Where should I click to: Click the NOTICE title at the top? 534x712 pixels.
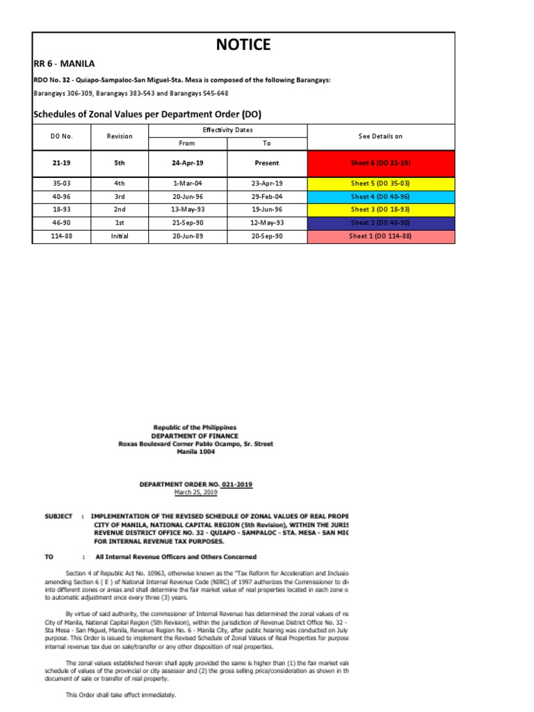(243, 45)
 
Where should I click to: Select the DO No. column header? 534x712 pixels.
(61, 137)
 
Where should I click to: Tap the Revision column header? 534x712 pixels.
(119, 137)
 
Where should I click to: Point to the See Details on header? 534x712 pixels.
(380, 137)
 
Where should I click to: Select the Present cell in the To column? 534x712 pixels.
(267, 163)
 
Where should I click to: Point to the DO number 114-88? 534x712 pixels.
(61, 236)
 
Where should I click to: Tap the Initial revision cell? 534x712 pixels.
(119, 236)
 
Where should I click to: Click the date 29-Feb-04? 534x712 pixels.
(267, 197)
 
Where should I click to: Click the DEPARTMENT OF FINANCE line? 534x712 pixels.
(195, 435)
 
